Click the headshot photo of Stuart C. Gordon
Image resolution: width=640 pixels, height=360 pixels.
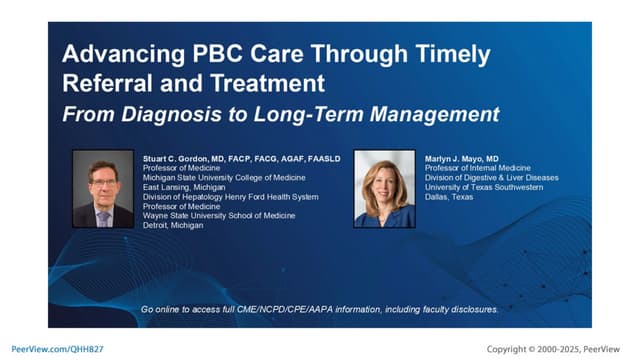click(x=104, y=189)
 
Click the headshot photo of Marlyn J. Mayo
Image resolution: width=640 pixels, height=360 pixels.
click(x=383, y=189)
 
